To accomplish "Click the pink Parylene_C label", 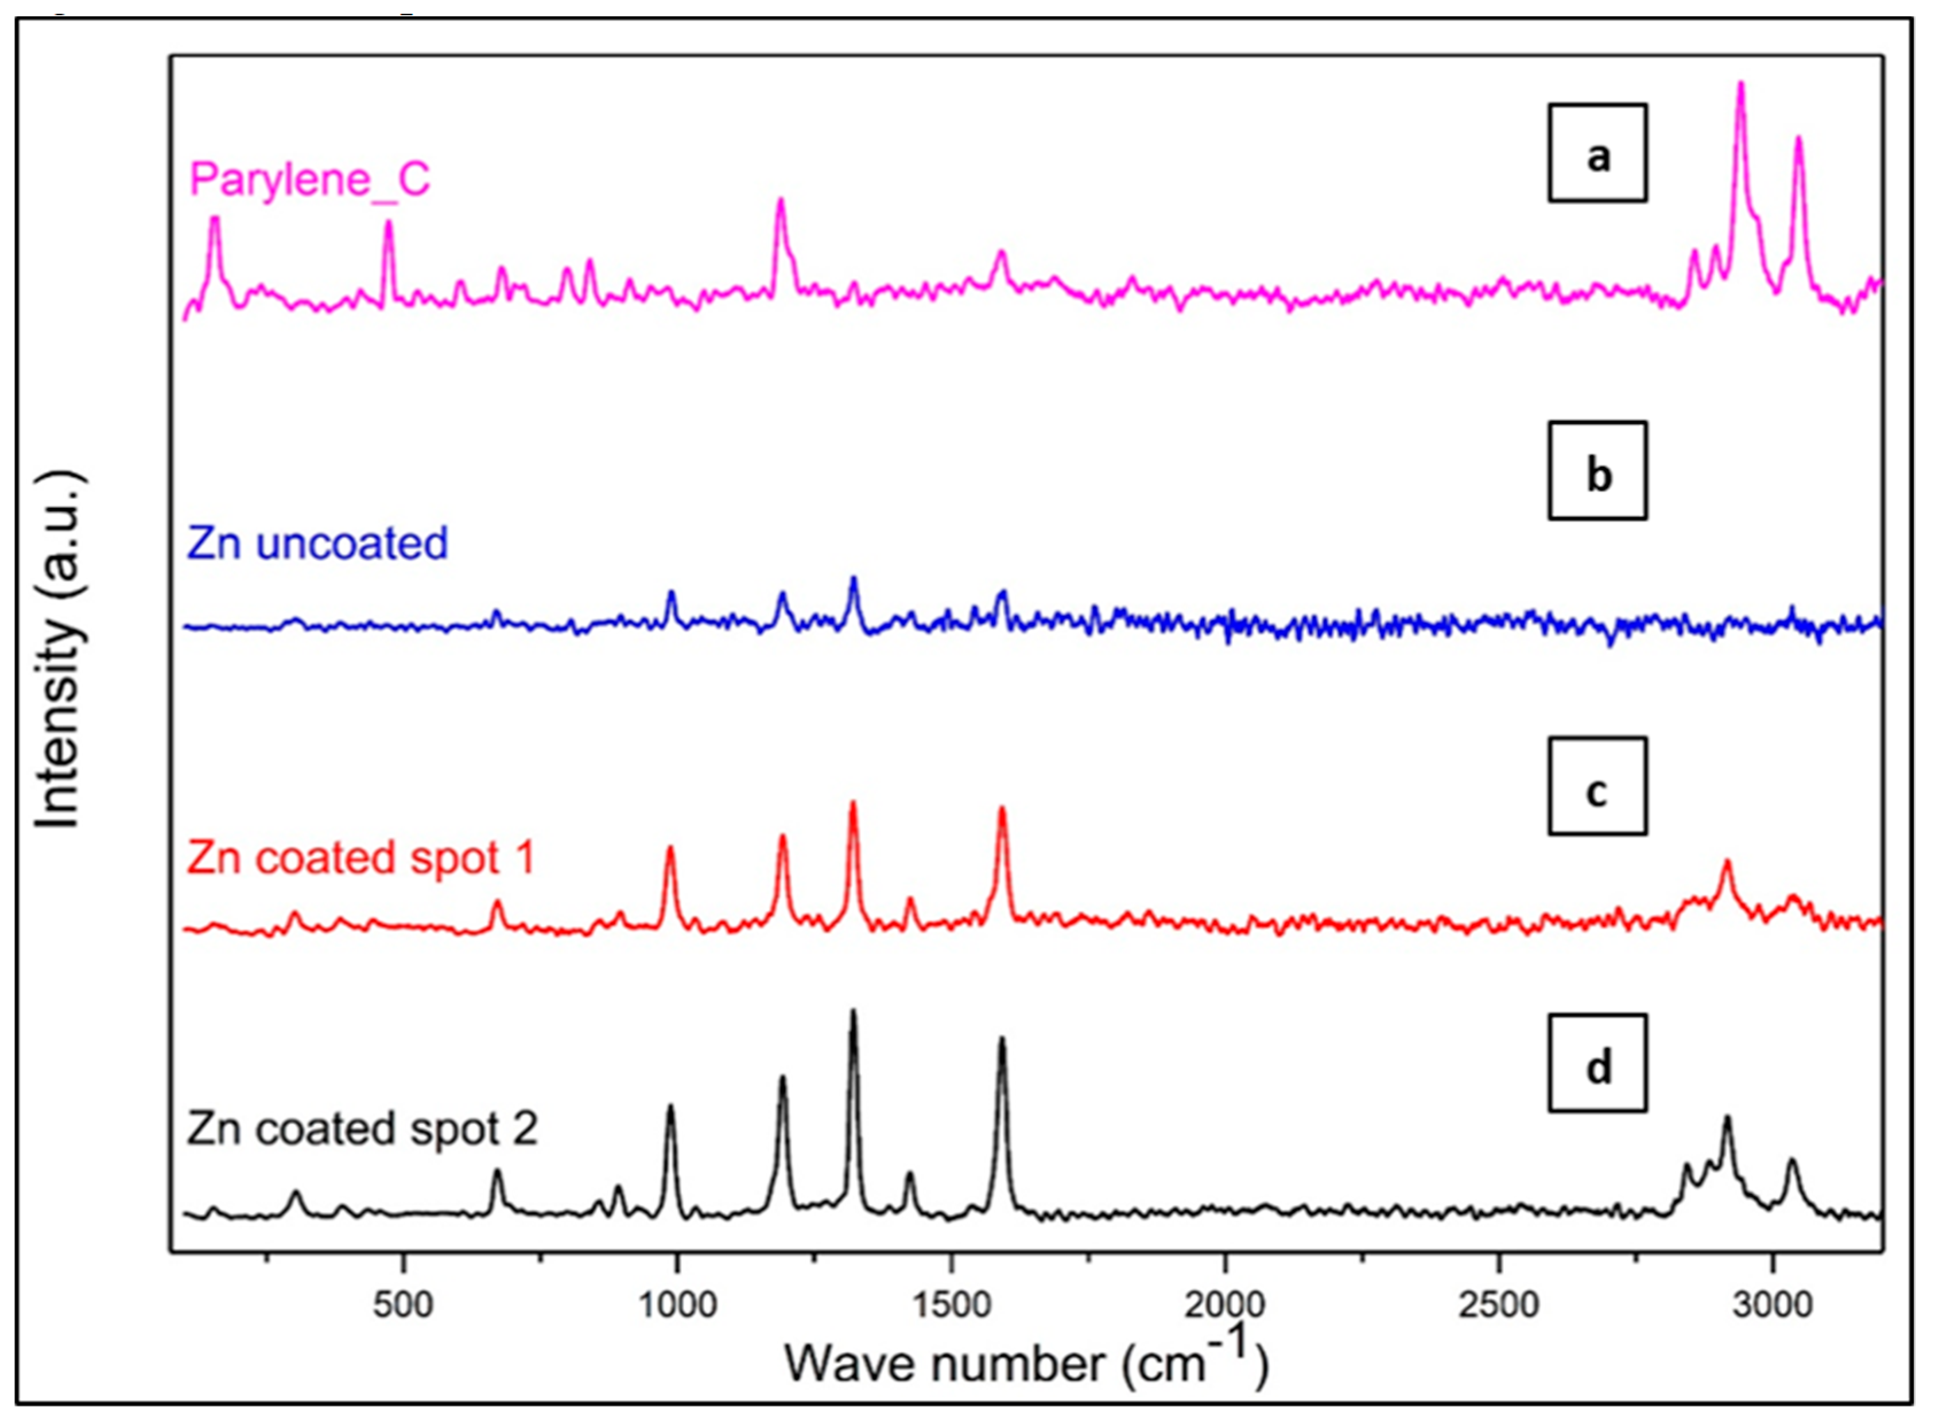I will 309,180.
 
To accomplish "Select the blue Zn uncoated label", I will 317,543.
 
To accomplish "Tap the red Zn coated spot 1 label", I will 360,859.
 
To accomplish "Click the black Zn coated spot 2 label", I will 362,1128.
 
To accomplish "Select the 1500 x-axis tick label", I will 951,1305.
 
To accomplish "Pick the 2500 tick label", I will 1499,1305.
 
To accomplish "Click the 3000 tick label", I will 1773,1305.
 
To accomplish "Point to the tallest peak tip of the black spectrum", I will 853,1011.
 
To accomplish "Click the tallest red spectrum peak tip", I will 853,803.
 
